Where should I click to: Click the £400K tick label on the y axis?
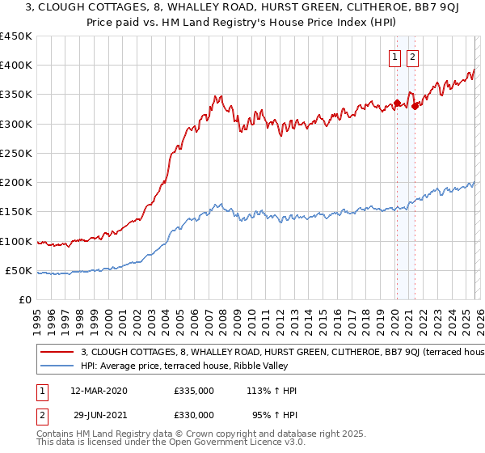point(15,66)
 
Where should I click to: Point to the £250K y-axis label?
point(15,153)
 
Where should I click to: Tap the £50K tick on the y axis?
point(19,270)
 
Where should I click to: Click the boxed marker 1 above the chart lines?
point(395,57)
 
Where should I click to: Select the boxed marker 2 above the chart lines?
point(412,57)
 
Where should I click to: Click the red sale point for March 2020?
point(397,103)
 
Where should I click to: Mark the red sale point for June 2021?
point(415,106)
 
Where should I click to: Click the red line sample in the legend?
point(57,353)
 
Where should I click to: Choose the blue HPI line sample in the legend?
point(57,366)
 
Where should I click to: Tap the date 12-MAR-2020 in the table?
point(99,391)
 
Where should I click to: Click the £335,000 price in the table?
point(194,391)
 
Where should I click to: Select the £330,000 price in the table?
point(194,415)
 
